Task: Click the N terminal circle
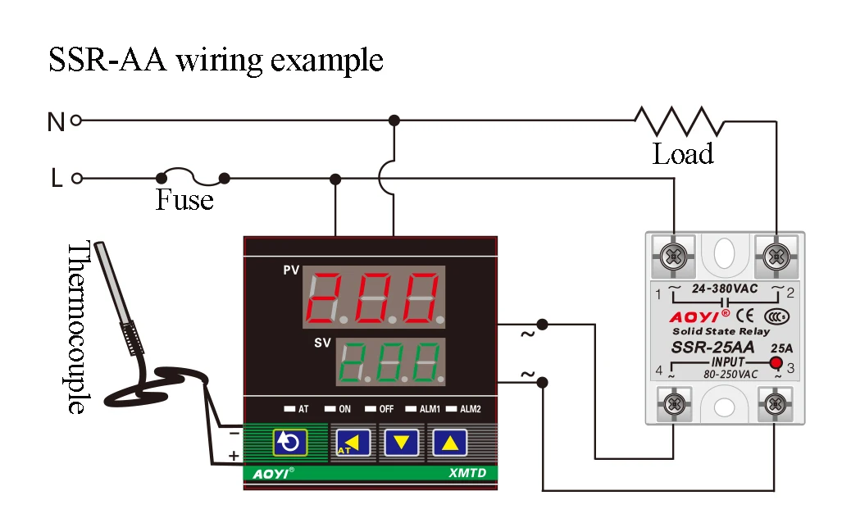click(x=76, y=120)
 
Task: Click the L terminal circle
click(x=76, y=178)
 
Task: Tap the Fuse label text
click(x=184, y=200)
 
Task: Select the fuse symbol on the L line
click(x=192, y=175)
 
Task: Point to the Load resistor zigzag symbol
click(x=680, y=120)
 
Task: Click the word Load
click(x=682, y=153)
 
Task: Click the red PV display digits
click(x=374, y=297)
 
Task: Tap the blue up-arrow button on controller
click(x=449, y=443)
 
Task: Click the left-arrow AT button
click(x=353, y=443)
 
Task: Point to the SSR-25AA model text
click(x=712, y=347)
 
